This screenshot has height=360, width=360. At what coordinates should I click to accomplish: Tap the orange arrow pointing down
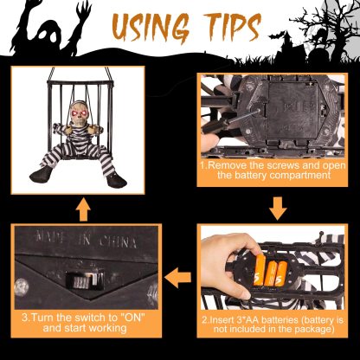[278, 209]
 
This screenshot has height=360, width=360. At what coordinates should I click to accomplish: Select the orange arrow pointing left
[177, 277]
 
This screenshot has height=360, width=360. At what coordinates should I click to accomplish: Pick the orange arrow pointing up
[83, 209]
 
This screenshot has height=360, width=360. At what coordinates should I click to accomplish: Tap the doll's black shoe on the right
[117, 179]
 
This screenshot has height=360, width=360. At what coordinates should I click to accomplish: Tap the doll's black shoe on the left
[41, 174]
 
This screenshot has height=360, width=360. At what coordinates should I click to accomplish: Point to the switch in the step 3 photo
[84, 280]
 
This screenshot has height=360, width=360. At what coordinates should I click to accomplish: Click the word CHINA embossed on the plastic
[118, 241]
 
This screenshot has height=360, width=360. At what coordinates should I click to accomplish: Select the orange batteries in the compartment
[270, 271]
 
